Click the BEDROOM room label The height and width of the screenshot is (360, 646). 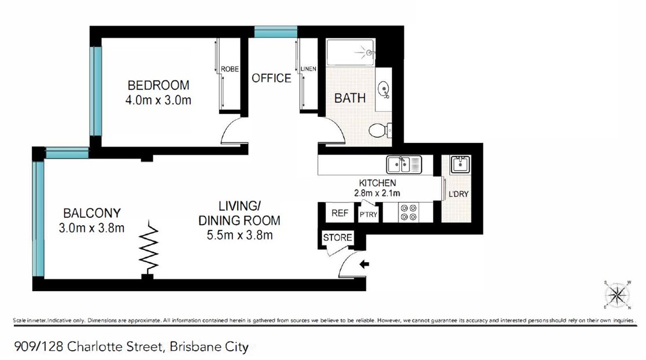point(158,85)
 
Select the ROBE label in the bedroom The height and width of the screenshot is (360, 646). point(230,69)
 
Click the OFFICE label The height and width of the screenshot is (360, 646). point(271,78)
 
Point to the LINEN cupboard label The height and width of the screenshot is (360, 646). point(309,69)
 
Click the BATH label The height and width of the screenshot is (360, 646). point(350,98)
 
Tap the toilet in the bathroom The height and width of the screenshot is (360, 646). point(379,130)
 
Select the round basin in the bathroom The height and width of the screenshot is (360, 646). point(383,90)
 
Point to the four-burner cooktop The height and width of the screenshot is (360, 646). point(409,212)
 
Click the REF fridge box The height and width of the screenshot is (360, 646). point(339,213)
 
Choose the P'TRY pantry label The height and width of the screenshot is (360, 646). point(368,214)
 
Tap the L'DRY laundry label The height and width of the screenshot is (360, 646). point(458,194)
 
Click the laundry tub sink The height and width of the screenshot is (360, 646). point(460,164)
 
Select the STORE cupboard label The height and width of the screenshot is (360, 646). point(337,238)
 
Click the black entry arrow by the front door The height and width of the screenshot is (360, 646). point(364,265)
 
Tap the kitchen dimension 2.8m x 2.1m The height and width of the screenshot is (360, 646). point(377,193)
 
